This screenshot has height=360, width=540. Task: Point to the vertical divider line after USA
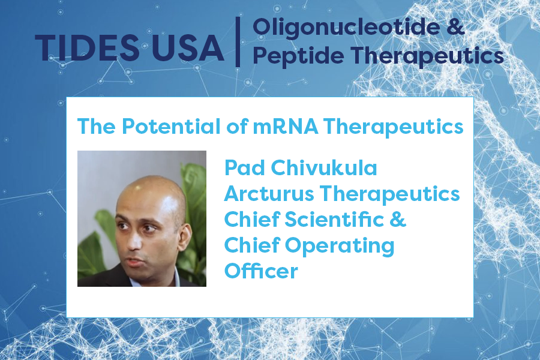point(238,41)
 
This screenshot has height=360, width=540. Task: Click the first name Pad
point(242,167)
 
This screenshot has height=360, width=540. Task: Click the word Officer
point(261,271)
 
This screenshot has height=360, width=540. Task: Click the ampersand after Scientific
point(398,220)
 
